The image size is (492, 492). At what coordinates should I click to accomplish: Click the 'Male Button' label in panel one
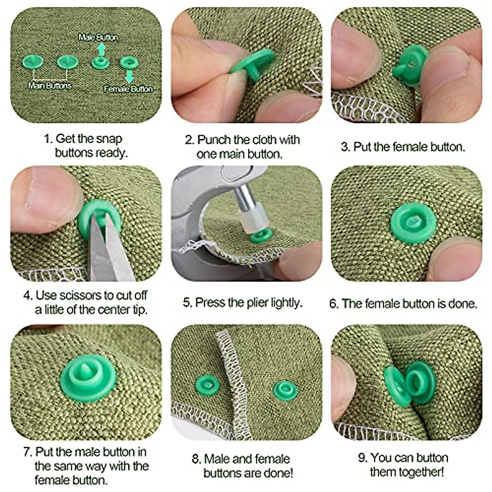coord(98,37)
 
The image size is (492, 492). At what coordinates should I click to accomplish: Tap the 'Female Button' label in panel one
coord(128,89)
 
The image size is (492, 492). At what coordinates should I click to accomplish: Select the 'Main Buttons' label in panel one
coord(50,86)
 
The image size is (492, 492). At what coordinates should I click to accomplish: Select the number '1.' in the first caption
coord(48,139)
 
